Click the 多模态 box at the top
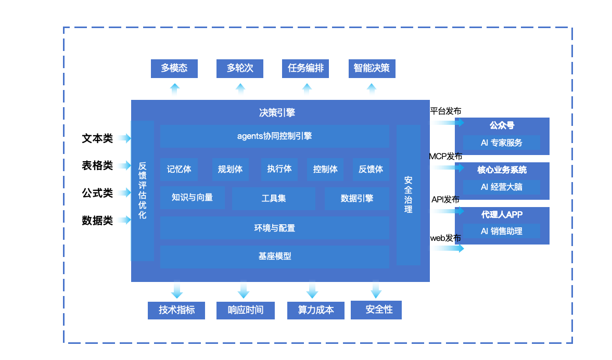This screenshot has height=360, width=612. point(174,68)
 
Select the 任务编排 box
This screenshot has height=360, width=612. point(305,68)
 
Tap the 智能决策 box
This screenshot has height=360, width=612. point(371,68)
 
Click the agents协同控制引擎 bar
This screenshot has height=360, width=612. point(274,136)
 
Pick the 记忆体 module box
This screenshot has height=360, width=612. point(179,169)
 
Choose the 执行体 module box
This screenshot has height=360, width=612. point(279,169)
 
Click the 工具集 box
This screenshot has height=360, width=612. point(273,198)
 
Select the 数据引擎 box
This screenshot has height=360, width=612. point(356,198)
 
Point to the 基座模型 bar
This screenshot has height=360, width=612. point(274,256)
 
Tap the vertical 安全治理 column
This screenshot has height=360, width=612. point(408,195)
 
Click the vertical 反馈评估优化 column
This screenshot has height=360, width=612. point(142,190)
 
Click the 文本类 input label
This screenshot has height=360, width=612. point(97,138)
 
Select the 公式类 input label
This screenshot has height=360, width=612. point(97,193)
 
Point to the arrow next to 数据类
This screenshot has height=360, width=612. point(124,220)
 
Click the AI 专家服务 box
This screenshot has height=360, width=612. point(502,143)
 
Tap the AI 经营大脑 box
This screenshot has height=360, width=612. point(502,187)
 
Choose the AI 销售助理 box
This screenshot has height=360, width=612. point(502,231)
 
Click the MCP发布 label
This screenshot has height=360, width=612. point(445,157)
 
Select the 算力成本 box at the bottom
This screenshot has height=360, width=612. point(315,310)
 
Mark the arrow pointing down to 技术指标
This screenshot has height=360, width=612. point(177,290)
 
